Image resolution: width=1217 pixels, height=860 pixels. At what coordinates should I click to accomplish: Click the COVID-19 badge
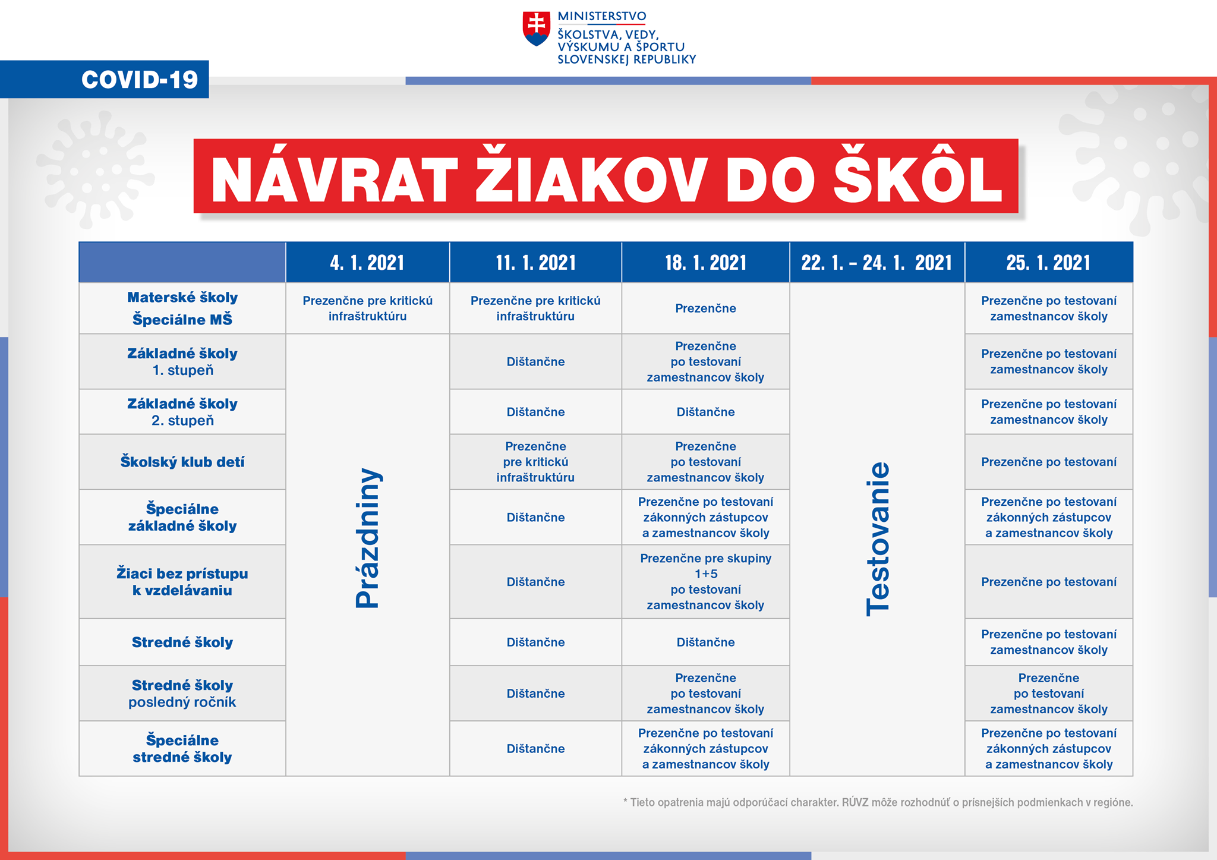point(139,80)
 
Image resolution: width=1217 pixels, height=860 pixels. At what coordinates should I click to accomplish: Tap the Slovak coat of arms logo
point(536,28)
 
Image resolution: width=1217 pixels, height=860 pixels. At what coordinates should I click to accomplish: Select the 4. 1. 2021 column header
point(367,262)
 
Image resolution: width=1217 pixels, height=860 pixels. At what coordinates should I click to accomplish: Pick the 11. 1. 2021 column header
point(535,262)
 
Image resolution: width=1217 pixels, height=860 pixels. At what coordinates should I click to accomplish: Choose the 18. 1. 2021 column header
point(705,262)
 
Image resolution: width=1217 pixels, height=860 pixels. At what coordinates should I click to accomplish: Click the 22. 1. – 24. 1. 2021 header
point(877,262)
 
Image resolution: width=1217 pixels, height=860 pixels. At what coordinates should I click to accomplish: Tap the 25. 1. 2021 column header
point(1048,262)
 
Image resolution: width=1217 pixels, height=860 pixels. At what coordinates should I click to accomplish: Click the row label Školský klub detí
point(182,462)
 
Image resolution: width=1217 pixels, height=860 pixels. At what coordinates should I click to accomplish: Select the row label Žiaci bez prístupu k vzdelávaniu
point(182,582)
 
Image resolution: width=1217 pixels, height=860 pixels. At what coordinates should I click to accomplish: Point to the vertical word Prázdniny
point(367,538)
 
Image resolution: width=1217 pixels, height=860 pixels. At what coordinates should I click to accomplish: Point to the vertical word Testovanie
point(878,538)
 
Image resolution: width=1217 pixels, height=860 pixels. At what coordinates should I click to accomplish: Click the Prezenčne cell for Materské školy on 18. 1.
point(705,308)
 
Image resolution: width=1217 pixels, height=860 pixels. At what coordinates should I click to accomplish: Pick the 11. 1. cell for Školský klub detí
point(535,462)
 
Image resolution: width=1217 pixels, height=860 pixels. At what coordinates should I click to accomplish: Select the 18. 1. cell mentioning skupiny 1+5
point(705,581)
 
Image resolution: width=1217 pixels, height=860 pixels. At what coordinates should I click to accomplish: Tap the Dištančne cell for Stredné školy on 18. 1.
point(705,642)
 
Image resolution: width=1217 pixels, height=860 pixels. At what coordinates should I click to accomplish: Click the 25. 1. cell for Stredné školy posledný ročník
point(1048,693)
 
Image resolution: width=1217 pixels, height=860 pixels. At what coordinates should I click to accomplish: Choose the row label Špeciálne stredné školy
point(182,748)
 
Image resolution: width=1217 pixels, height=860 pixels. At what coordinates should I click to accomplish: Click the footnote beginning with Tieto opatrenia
point(878,802)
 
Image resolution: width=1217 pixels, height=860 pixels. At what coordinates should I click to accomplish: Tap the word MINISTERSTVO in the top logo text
point(601,17)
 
